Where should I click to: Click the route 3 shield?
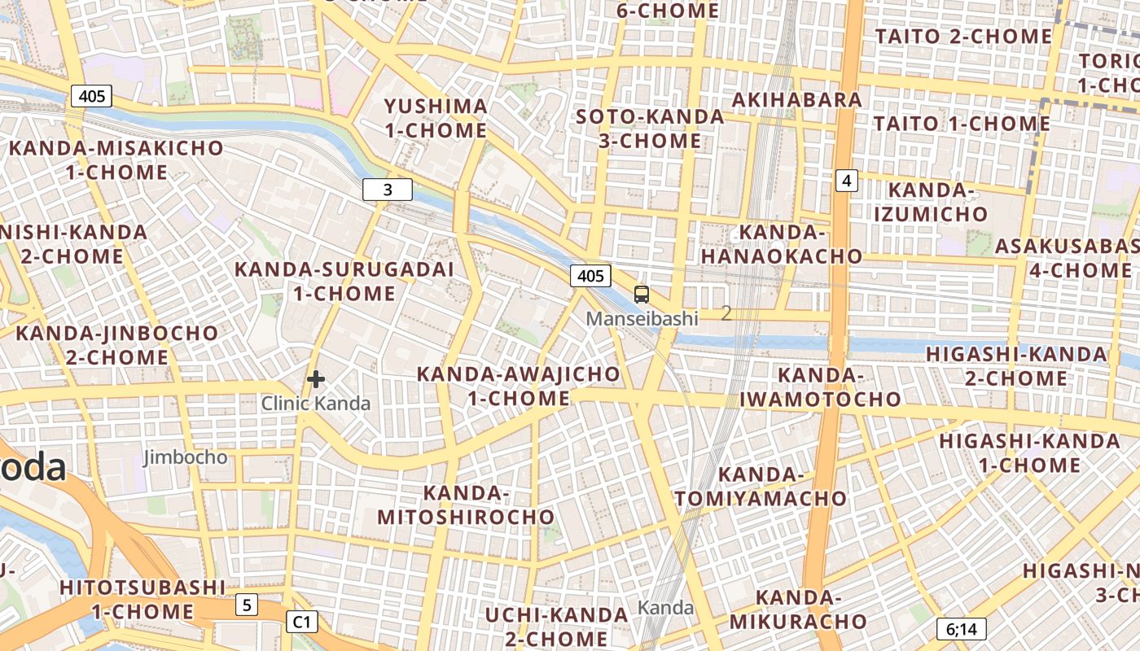click(x=388, y=190)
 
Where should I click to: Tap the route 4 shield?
click(x=847, y=180)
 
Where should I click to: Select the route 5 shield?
click(x=247, y=605)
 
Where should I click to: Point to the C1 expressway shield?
click(x=301, y=622)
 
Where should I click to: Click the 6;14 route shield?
click(x=961, y=628)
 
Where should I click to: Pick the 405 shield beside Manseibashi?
click(x=590, y=276)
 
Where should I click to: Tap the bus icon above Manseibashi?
click(x=642, y=295)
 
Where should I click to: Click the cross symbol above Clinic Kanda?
click(x=316, y=379)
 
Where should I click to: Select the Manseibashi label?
click(x=642, y=318)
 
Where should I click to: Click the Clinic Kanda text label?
click(x=316, y=403)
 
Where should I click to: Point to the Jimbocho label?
click(x=186, y=457)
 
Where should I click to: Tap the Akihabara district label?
click(x=797, y=99)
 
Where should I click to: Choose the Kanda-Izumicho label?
click(x=931, y=202)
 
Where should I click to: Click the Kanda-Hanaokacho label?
click(x=782, y=244)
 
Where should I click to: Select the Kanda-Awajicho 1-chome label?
click(x=519, y=386)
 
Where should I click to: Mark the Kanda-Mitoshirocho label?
click(x=466, y=505)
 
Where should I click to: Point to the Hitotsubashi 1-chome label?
click(x=142, y=599)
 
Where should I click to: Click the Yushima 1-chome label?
click(x=436, y=118)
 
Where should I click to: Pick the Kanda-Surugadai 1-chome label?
click(x=344, y=281)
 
